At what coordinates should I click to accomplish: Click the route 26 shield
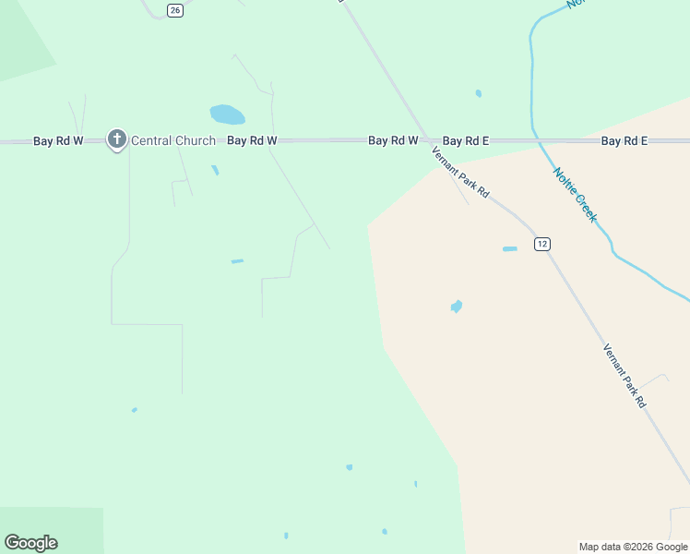175,9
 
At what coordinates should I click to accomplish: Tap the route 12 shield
542,244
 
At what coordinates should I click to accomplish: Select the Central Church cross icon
116,139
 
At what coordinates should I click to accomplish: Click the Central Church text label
173,141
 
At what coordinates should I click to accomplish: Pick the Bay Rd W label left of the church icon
58,141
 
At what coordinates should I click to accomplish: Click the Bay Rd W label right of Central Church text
252,141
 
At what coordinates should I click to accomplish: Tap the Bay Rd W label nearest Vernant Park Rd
393,141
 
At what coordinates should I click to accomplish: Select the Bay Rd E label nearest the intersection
466,141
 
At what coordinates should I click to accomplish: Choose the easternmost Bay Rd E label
625,141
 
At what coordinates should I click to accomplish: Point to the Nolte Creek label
575,194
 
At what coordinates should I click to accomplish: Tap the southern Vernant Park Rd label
625,376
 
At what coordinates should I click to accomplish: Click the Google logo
30,543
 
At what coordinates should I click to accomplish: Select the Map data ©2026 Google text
634,547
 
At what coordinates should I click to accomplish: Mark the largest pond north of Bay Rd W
227,114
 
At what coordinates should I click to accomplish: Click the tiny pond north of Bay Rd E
478,93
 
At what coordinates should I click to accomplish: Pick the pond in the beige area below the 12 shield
456,307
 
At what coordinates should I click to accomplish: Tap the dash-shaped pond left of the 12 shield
510,249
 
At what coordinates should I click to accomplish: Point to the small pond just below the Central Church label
215,170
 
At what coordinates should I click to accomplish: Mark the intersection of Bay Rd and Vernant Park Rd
427,140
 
